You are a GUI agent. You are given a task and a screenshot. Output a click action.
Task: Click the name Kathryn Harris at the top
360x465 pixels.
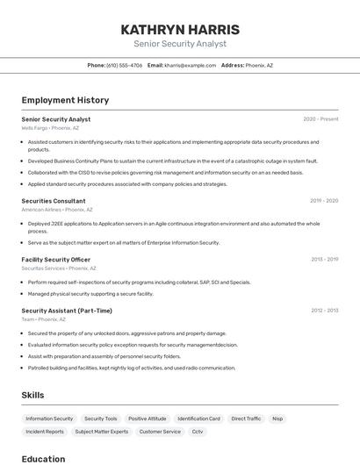click(x=180, y=30)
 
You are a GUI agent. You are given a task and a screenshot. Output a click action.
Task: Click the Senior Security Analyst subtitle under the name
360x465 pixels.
click(x=180, y=44)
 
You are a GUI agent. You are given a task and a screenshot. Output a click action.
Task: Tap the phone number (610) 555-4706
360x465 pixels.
click(x=124, y=65)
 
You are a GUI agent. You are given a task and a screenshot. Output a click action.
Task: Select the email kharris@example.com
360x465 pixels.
click(x=190, y=65)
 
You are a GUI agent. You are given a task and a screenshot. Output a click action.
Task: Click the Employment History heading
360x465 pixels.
click(x=65, y=100)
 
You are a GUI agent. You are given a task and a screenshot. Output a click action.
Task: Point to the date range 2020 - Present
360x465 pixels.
click(x=320, y=119)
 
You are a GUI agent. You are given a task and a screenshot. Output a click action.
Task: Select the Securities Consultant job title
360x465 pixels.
click(x=54, y=201)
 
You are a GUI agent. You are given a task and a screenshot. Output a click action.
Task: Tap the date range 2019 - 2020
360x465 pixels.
click(x=324, y=201)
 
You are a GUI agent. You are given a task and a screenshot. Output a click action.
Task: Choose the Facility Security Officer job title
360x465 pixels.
click(x=56, y=260)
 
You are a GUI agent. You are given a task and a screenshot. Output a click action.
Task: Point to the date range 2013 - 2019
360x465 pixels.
click(x=324, y=260)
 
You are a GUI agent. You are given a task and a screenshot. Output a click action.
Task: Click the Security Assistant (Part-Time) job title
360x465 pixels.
click(x=67, y=311)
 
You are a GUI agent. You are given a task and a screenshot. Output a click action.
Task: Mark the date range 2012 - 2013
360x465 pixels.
click(x=324, y=311)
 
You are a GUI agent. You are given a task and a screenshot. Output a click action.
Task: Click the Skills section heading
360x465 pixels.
click(x=32, y=396)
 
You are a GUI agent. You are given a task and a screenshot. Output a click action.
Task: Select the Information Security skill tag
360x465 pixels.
click(x=49, y=419)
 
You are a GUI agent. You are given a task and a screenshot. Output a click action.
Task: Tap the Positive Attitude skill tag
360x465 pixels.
click(x=147, y=419)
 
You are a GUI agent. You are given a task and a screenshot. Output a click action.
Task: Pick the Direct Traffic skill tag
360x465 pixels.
click(x=246, y=419)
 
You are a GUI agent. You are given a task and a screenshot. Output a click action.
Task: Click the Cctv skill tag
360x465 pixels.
click(x=198, y=432)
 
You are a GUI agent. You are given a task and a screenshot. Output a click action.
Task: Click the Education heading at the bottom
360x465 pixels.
click(x=43, y=459)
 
